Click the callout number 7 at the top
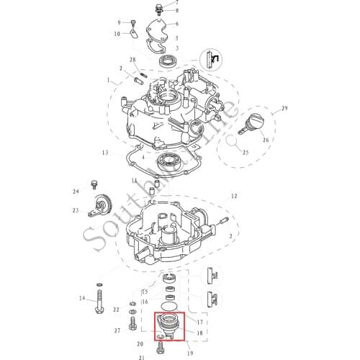click(178, 3)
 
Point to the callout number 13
click(105, 153)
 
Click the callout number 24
click(75, 192)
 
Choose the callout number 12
click(233, 196)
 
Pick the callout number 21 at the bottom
click(142, 356)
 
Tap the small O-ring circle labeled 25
click(233, 145)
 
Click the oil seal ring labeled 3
click(170, 60)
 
